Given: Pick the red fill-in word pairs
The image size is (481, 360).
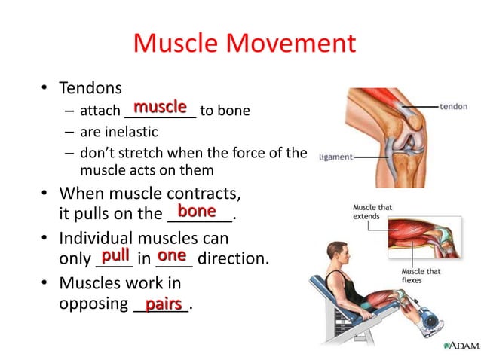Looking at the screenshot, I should tap(164, 304).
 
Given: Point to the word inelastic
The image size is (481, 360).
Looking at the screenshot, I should tap(131, 133).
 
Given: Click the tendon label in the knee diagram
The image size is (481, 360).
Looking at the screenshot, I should tap(454, 106).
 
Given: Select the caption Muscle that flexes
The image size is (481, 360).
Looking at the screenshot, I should tap(421, 276).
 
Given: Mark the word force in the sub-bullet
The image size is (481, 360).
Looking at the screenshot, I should tap(241, 154).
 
